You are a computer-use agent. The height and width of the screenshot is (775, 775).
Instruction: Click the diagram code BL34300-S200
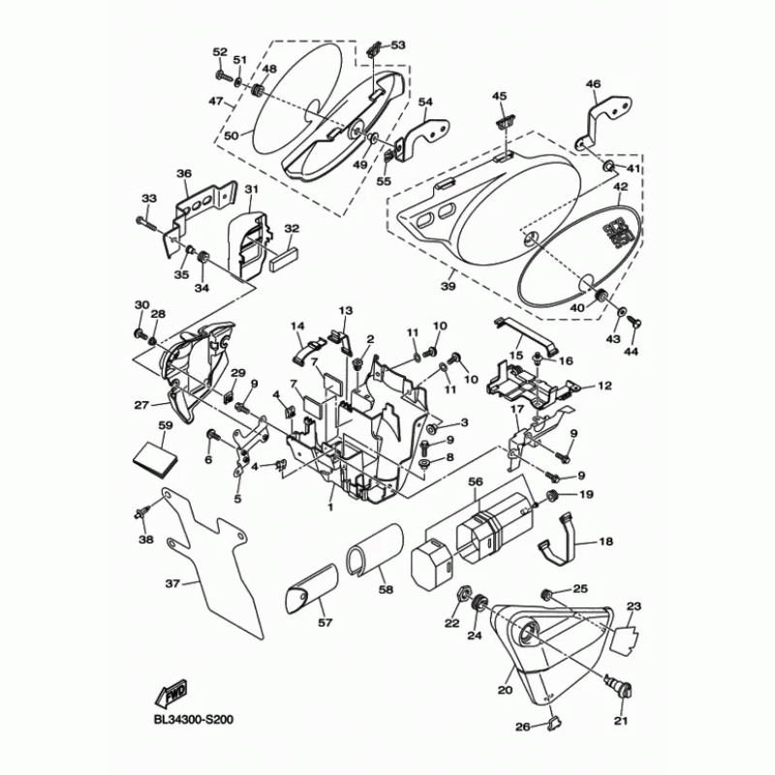[x=194, y=720]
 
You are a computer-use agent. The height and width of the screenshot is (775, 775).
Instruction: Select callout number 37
[x=172, y=584]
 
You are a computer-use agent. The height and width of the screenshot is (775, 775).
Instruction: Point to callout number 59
[x=165, y=425]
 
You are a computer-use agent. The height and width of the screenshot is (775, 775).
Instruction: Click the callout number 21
[x=621, y=721]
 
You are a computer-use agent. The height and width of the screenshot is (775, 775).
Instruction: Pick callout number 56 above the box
[x=476, y=480]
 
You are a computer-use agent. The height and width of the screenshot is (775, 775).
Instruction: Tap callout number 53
[x=398, y=45]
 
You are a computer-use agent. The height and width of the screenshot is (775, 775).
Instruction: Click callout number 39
[x=448, y=288]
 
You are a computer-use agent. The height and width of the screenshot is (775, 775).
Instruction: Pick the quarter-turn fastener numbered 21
[x=617, y=686]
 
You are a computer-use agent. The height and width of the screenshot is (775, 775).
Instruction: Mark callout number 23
[x=635, y=607]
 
